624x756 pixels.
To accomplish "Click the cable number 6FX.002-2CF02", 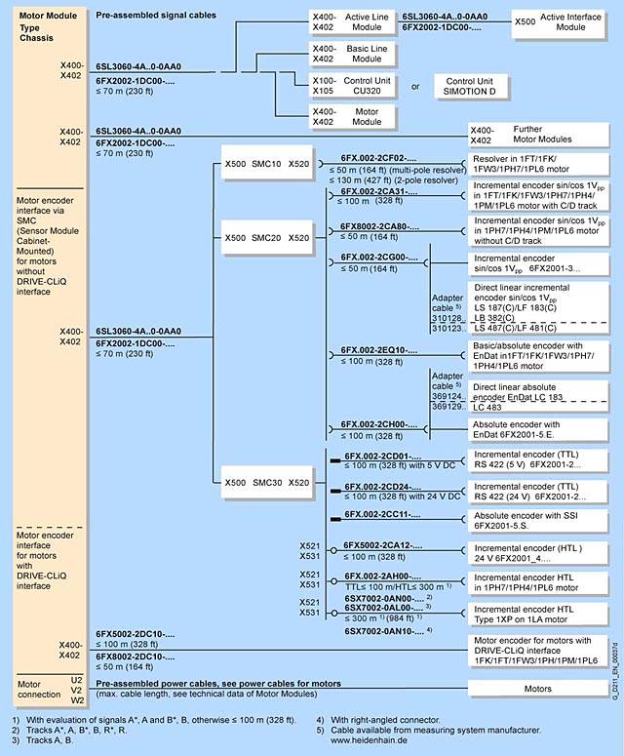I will (x=380, y=157).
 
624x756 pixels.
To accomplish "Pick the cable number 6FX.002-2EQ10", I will (x=380, y=349).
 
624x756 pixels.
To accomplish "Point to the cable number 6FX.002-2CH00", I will (x=380, y=424).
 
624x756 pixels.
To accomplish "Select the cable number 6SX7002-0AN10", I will (x=380, y=631).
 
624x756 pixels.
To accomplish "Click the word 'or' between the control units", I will (x=415, y=86).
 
